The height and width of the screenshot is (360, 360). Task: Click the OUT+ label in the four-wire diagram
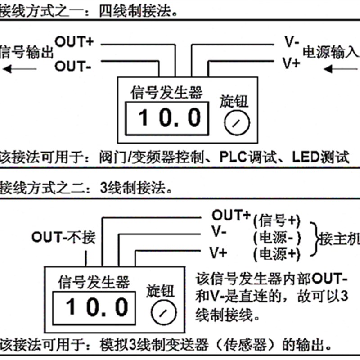74,42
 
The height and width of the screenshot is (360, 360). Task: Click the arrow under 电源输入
341,69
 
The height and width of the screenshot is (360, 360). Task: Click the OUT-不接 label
63,237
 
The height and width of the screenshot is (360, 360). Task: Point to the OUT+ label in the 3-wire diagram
231,216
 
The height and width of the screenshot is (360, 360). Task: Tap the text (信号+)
276,221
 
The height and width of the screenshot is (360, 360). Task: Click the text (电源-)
276,237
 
